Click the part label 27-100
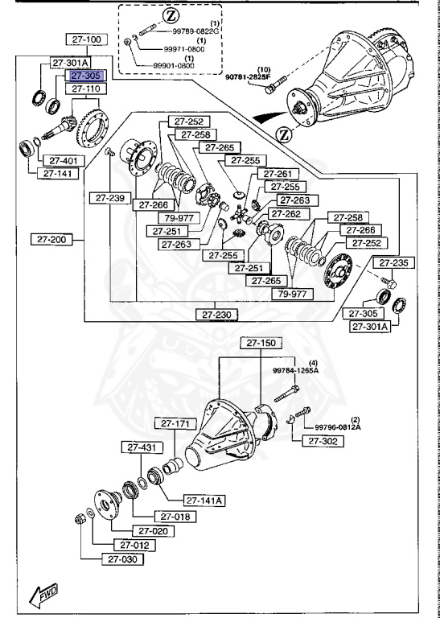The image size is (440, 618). click(x=87, y=39)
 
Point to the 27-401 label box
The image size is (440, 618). click(x=57, y=160)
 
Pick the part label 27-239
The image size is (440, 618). click(x=109, y=197)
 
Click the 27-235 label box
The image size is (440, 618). click(x=394, y=262)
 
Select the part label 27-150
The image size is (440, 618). click(x=261, y=343)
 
